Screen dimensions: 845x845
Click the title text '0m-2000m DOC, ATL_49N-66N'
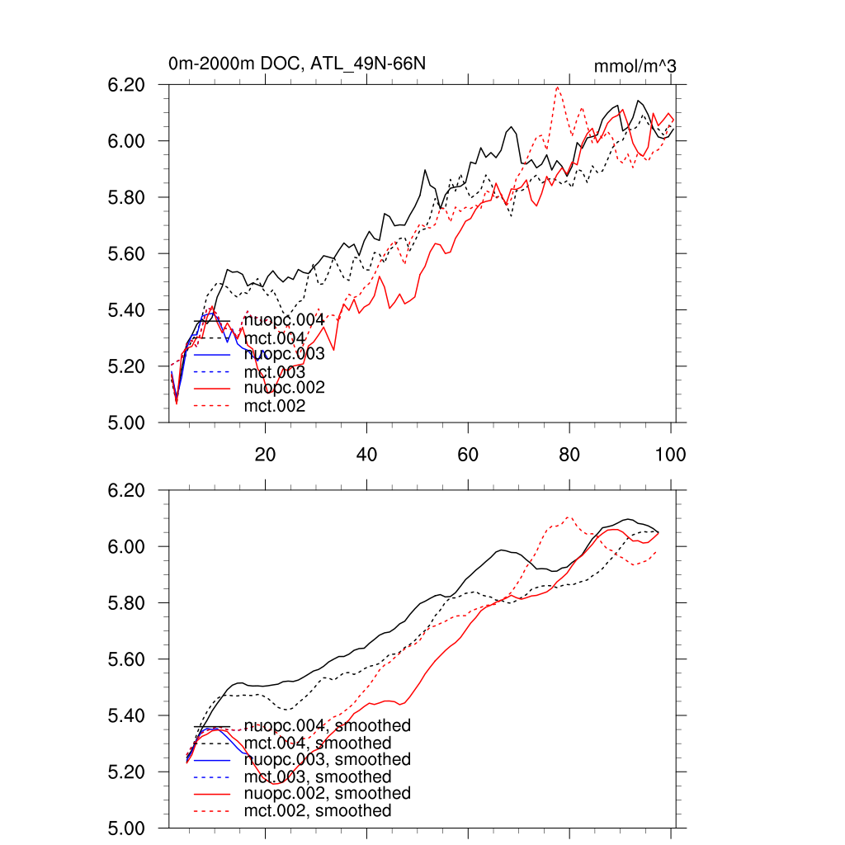(297, 64)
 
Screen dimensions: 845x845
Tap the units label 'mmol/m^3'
(635, 66)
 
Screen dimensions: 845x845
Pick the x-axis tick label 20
(265, 455)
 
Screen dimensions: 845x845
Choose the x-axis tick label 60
(468, 455)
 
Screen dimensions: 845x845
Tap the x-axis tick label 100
(670, 455)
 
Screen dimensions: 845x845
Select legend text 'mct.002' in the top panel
(275, 406)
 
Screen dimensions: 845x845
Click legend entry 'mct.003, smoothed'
(318, 777)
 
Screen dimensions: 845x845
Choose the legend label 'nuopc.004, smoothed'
(328, 726)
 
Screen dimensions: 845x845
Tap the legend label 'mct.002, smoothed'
(318, 811)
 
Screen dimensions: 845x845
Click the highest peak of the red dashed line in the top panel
(558, 87)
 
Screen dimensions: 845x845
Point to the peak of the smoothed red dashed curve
(569, 517)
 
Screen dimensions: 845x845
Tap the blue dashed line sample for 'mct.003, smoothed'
(211, 777)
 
